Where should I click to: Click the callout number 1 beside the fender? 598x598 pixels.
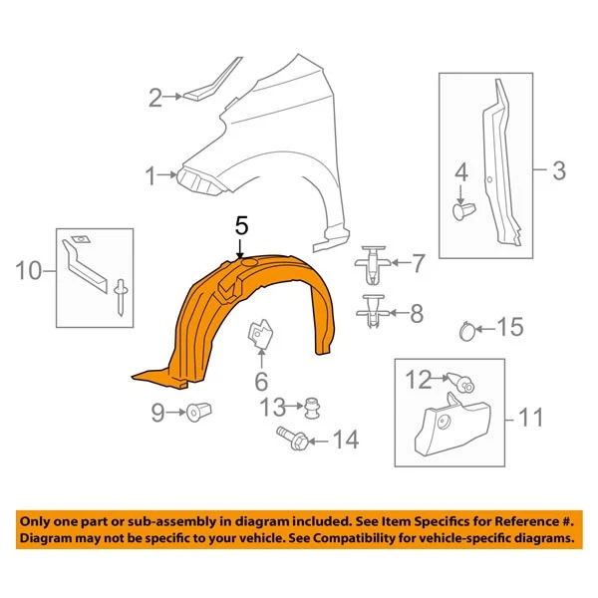tap(149, 178)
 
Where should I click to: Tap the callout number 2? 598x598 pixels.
tap(154, 98)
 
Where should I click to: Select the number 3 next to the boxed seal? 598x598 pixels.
tap(558, 170)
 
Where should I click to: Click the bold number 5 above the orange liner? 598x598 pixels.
tap(240, 226)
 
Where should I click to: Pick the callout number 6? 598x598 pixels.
tap(261, 381)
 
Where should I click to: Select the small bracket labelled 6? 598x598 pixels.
tap(260, 335)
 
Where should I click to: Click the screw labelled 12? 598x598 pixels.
tap(461, 380)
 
